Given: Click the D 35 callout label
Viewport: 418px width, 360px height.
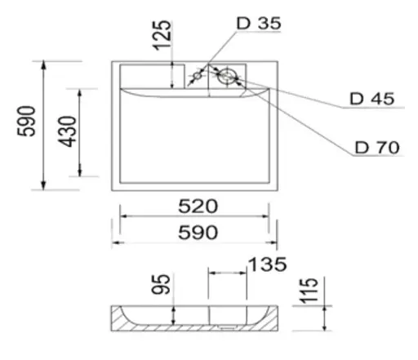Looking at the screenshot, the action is [x=259, y=24].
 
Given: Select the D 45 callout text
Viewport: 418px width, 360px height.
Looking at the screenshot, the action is [x=371, y=99].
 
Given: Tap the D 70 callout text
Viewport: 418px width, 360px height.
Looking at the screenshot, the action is [x=377, y=148].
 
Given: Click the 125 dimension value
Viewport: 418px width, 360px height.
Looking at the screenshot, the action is [x=162, y=35].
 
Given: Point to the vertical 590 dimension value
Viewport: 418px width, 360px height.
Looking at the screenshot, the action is [x=26, y=121].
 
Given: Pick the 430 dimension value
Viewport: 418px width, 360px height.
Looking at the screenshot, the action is [x=68, y=131].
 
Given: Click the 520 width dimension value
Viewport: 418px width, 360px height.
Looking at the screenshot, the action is [x=198, y=207].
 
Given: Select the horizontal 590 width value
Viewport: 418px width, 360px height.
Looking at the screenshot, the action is [x=198, y=233].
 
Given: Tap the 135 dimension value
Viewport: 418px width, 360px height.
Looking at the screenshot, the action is [x=268, y=264].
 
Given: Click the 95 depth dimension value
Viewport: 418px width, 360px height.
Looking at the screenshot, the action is [x=161, y=284].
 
